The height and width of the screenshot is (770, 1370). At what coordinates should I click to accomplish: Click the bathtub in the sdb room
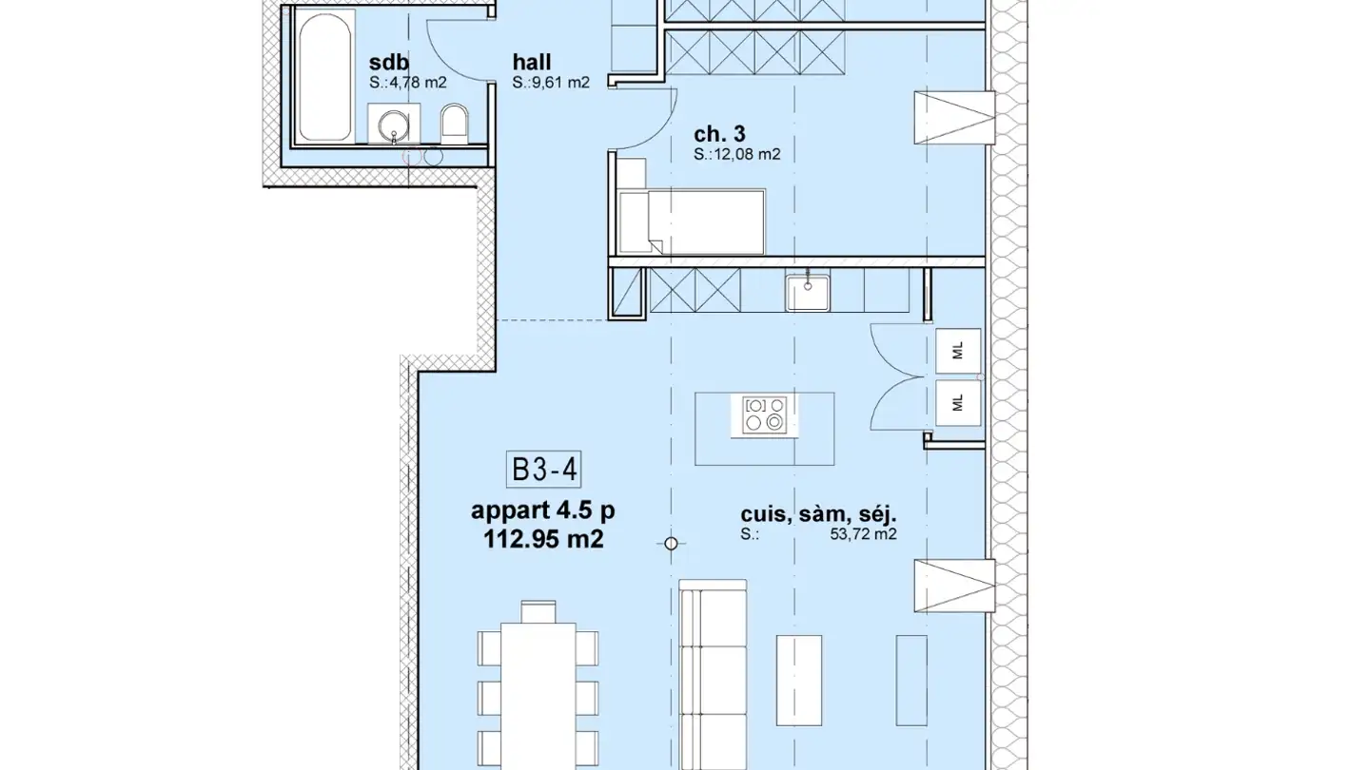(324, 76)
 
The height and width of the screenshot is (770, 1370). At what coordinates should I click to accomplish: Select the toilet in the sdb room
(454, 123)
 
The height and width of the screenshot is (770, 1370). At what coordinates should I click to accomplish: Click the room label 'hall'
(532, 63)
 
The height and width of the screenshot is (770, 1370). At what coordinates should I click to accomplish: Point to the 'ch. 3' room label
(719, 134)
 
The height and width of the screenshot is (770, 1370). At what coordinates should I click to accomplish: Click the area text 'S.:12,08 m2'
(737, 155)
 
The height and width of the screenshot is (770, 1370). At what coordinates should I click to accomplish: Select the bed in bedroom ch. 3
(692, 221)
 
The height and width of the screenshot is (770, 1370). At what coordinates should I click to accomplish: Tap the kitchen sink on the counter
(808, 293)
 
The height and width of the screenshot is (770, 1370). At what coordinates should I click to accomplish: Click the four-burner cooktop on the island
(765, 414)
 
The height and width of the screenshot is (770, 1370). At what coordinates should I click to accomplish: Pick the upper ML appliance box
(958, 351)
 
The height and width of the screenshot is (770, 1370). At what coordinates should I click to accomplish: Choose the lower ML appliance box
(958, 403)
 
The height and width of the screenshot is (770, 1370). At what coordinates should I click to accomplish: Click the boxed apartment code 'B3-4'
(544, 470)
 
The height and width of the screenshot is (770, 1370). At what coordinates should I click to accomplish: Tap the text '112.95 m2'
(543, 539)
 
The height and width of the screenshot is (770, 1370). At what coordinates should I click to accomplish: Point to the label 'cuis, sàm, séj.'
(818, 514)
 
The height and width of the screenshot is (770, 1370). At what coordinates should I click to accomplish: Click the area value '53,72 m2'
(863, 534)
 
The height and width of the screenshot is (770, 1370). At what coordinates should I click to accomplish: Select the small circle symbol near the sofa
(671, 544)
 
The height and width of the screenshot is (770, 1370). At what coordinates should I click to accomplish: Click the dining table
(538, 696)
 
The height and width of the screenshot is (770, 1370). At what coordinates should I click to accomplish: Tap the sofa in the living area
(714, 675)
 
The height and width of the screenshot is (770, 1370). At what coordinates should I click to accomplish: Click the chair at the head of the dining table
(538, 612)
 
